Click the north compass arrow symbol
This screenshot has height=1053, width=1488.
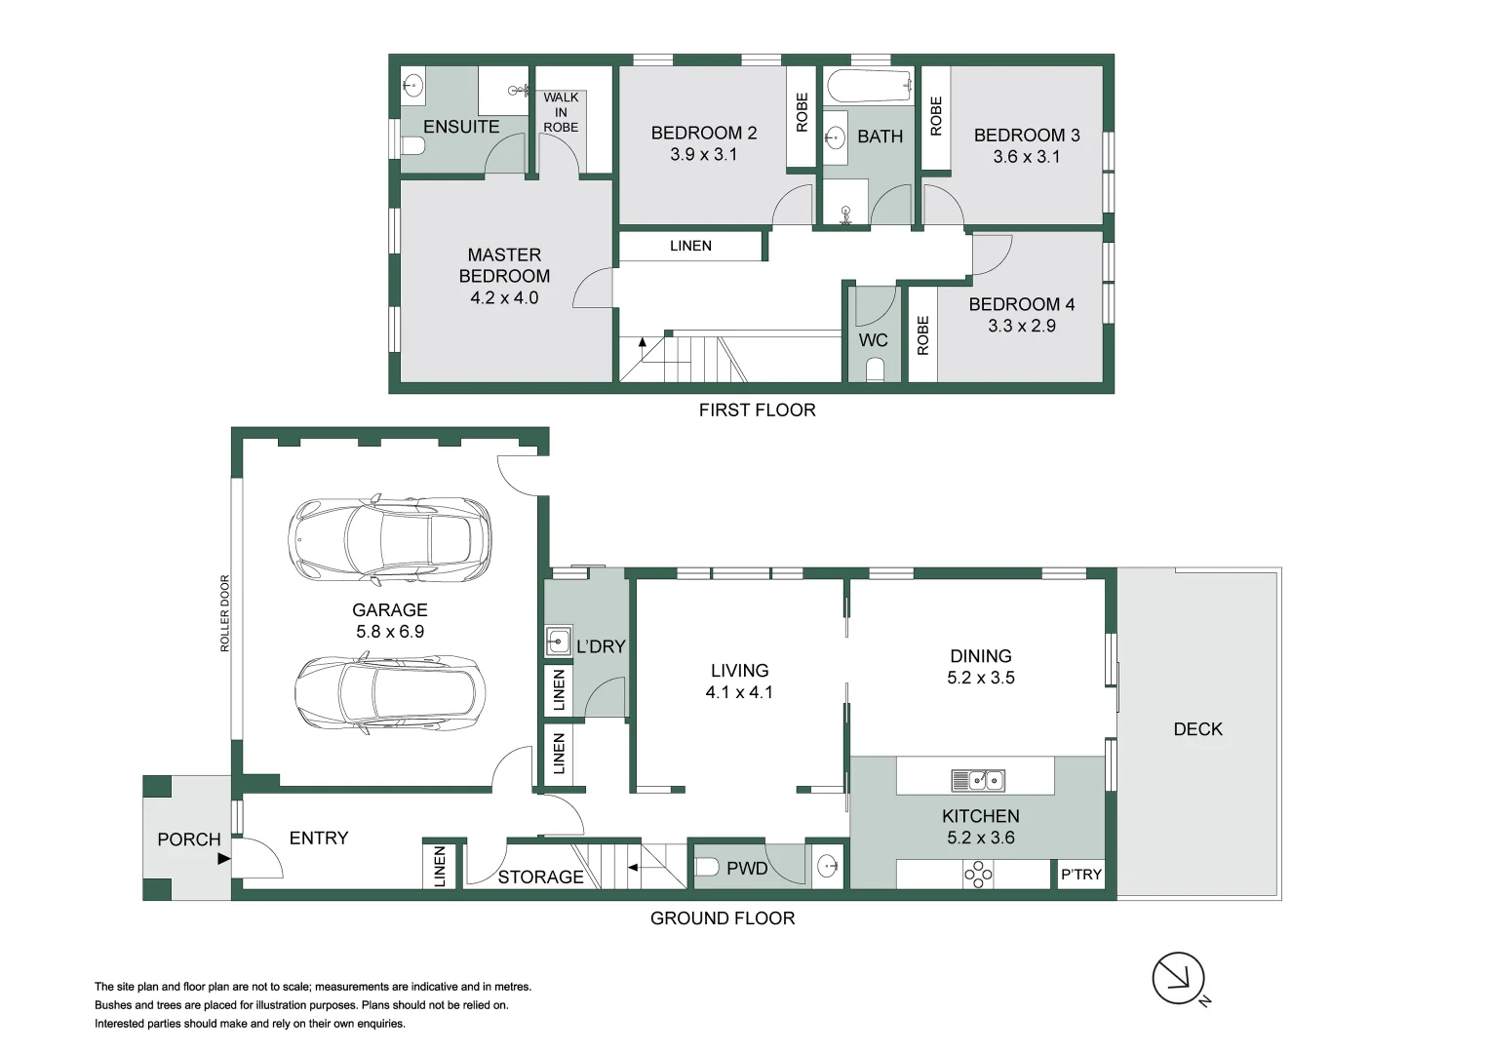pyautogui.click(x=1178, y=978)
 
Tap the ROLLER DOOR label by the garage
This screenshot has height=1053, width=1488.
pyautogui.click(x=224, y=613)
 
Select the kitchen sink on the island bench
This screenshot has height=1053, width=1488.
pyautogui.click(x=978, y=780)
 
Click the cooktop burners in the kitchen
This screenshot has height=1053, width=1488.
pyautogui.click(x=978, y=875)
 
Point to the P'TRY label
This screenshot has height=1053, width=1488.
pyautogui.click(x=1080, y=875)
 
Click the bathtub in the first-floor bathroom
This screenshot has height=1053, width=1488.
pyautogui.click(x=869, y=86)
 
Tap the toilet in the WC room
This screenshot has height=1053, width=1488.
pyautogui.click(x=876, y=370)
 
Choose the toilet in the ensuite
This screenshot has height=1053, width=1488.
pyautogui.click(x=413, y=145)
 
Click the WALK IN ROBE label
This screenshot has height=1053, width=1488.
pyautogui.click(x=561, y=112)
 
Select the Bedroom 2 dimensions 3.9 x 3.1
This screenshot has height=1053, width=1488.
pyautogui.click(x=703, y=154)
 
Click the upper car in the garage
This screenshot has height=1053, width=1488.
pyautogui.click(x=390, y=537)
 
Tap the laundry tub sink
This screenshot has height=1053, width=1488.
pyautogui.click(x=558, y=642)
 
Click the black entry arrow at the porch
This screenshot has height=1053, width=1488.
pyautogui.click(x=224, y=858)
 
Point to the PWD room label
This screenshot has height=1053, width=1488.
pyautogui.click(x=747, y=869)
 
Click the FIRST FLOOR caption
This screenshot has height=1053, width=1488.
pyautogui.click(x=758, y=409)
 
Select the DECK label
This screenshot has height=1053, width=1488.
pyautogui.click(x=1197, y=728)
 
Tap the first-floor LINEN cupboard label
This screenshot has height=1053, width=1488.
pyautogui.click(x=690, y=246)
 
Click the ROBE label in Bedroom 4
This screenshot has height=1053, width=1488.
pyautogui.click(x=922, y=335)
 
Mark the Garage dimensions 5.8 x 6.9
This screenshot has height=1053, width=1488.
pyautogui.click(x=390, y=631)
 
